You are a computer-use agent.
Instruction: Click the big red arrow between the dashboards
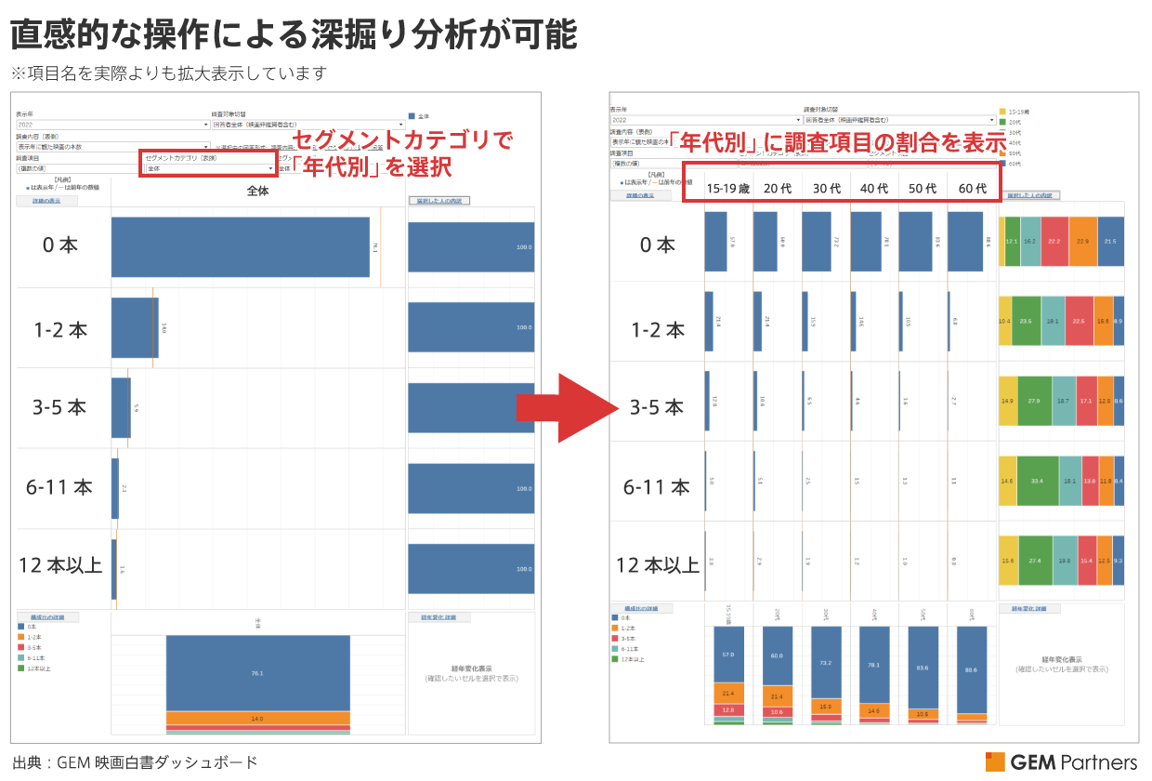(565, 407)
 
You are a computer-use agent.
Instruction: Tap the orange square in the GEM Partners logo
(993, 761)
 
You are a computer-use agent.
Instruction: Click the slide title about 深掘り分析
(294, 36)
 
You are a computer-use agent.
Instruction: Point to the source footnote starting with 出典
(135, 762)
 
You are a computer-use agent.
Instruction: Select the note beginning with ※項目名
(169, 73)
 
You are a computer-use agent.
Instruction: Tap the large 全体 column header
(257, 191)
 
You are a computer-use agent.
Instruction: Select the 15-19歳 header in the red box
(728, 188)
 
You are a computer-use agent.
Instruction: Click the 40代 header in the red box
(874, 188)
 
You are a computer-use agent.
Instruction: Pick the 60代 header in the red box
(972, 188)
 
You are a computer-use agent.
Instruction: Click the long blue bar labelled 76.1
(240, 246)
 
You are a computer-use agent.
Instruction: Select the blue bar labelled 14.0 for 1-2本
(134, 327)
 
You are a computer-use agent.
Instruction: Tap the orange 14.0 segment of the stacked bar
(257, 718)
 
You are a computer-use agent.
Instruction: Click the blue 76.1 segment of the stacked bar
(257, 672)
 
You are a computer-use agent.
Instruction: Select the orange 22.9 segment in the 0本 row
(1082, 241)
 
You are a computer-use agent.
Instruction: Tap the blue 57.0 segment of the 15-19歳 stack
(728, 655)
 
